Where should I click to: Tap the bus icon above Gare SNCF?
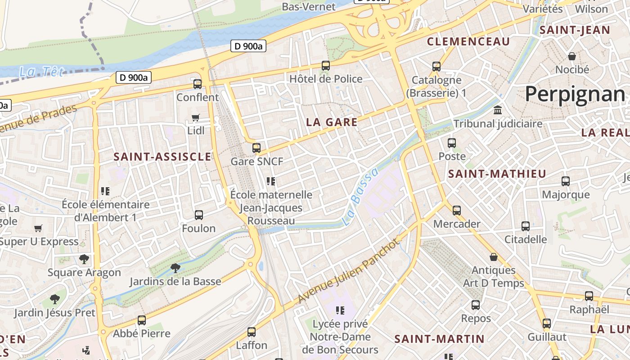(256, 148)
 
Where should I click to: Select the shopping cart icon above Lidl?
(196, 117)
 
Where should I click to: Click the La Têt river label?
(41, 72)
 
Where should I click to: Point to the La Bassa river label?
(360, 197)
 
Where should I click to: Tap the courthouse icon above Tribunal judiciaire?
(498, 110)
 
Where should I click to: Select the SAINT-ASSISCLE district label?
(162, 157)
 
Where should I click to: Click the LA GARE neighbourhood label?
(332, 122)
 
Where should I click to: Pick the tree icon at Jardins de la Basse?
(175, 268)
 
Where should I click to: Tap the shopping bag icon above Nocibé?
(572, 56)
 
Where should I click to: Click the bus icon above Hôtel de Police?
(326, 66)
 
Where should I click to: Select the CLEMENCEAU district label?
(468, 42)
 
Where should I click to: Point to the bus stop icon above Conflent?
(198, 84)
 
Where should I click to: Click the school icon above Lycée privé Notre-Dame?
(340, 310)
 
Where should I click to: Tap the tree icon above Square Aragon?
(84, 259)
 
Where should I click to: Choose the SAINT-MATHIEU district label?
(497, 174)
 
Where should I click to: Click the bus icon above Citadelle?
(526, 226)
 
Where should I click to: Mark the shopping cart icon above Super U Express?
(38, 228)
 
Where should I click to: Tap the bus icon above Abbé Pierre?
(142, 320)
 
